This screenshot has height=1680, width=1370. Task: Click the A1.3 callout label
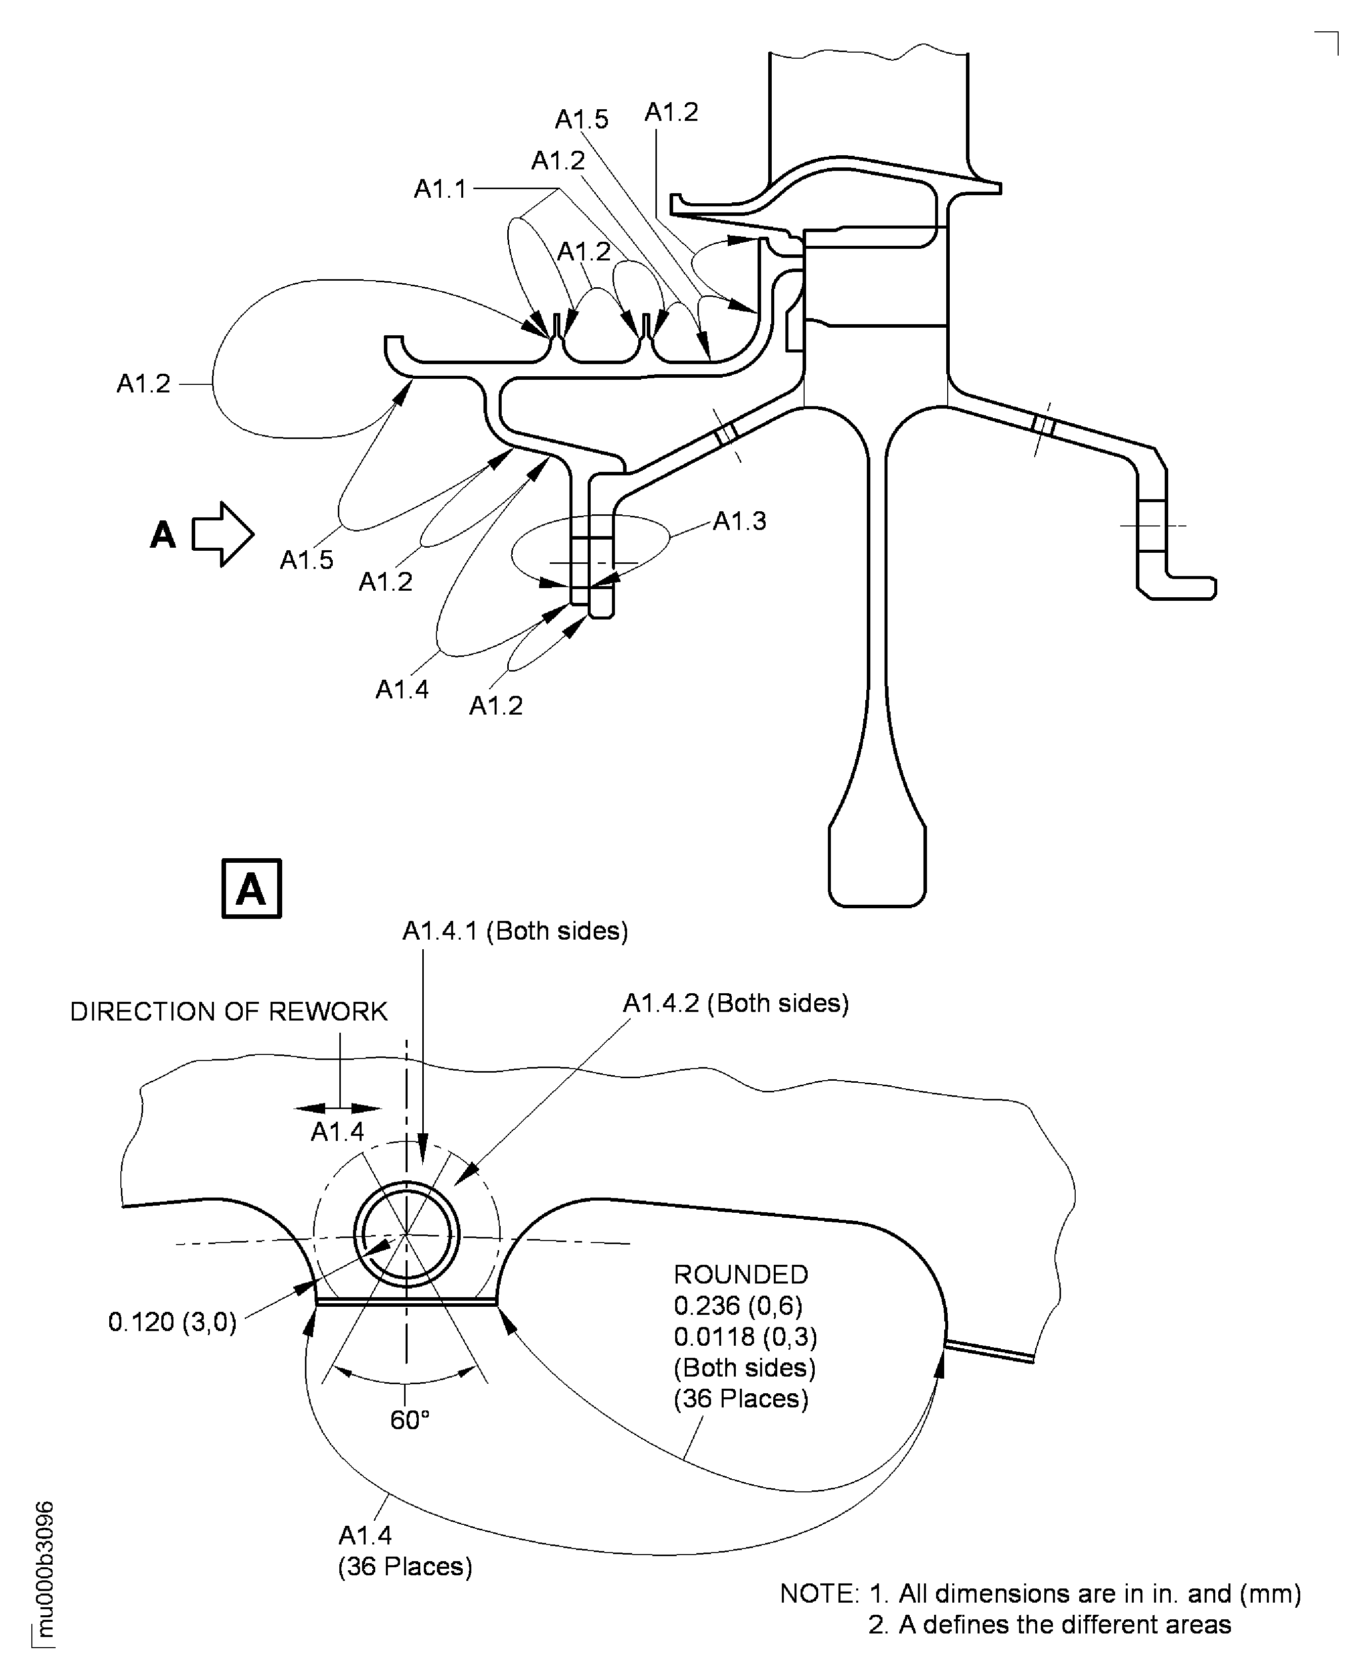739,521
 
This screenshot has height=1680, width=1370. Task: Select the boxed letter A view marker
251,889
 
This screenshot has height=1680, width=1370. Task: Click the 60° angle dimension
410,1420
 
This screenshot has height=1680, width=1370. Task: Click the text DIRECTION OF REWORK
229,1011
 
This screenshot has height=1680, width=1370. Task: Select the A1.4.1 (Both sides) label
514,931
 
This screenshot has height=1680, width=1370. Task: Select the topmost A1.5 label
582,119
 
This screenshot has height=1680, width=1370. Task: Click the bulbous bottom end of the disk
877,864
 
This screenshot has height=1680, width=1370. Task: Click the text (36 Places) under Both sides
740,1398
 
